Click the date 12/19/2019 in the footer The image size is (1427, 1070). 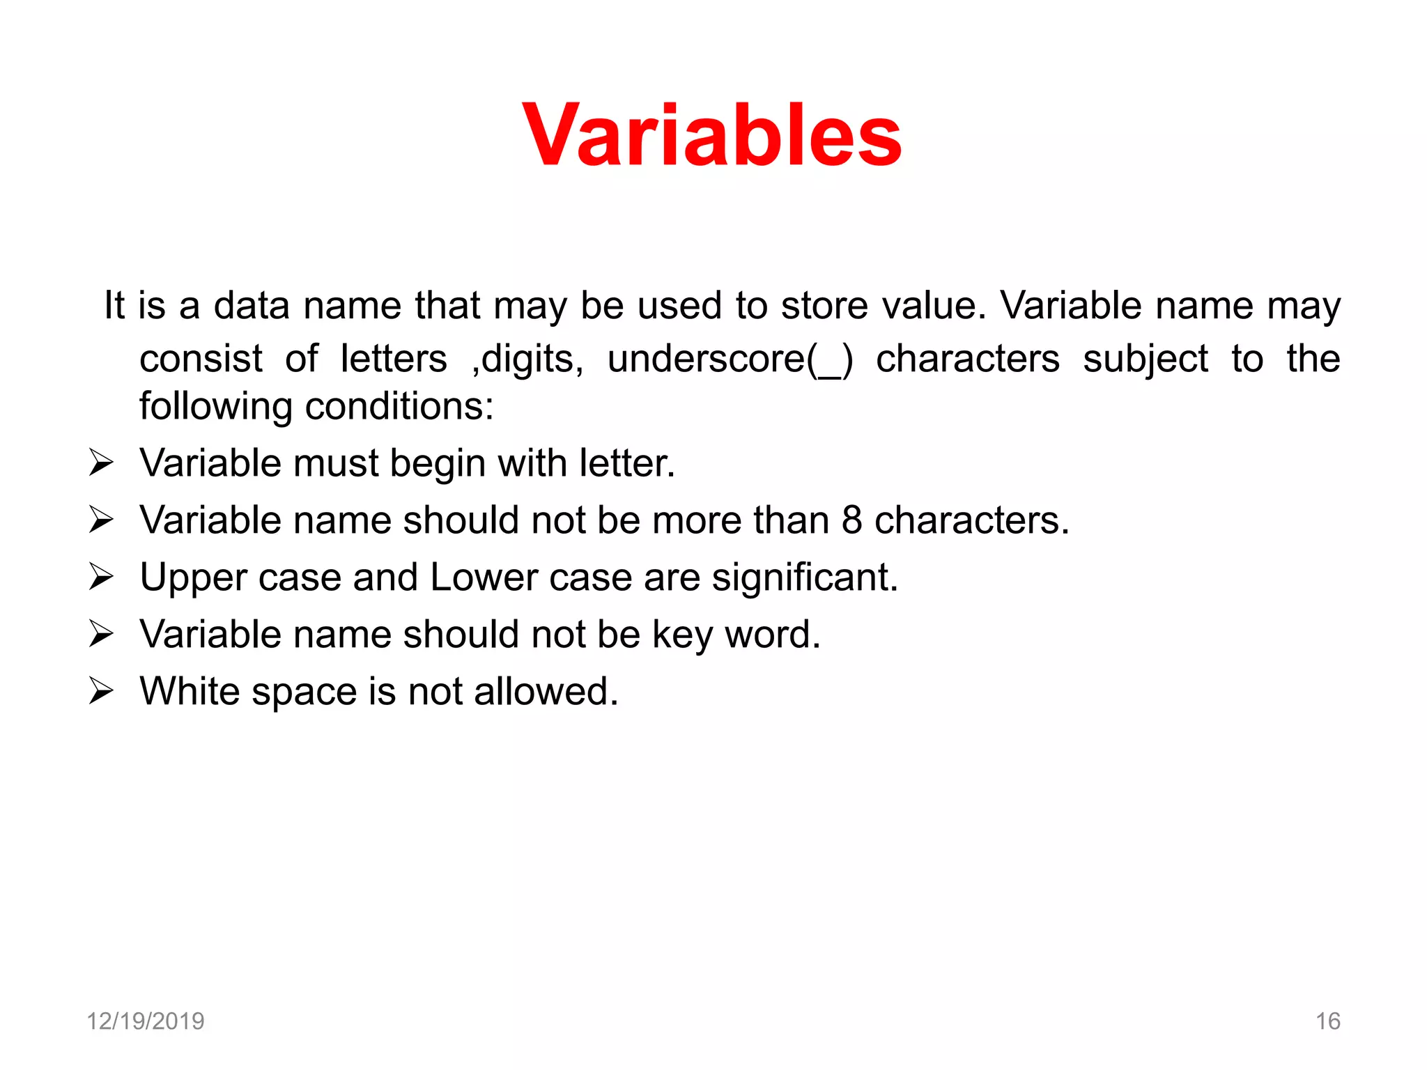point(145,1021)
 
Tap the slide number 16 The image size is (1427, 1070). point(1327,1021)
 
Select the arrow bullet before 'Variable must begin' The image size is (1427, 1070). point(101,463)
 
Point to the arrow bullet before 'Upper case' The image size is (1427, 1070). point(101,577)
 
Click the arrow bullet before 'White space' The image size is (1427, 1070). point(101,692)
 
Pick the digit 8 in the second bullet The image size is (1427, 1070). point(851,520)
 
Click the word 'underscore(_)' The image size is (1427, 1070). point(730,359)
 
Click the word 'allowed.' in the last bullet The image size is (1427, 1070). point(546,692)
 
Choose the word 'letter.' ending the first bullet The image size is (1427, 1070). point(627,463)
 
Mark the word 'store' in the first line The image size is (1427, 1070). point(824,306)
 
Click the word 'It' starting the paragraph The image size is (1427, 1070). point(114,306)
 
